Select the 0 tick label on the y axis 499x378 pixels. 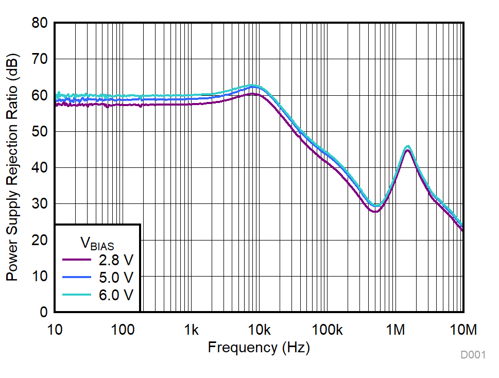(x=44, y=313)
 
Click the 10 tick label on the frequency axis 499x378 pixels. (x=55, y=329)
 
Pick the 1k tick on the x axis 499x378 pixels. (x=191, y=329)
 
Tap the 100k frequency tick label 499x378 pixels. (x=327, y=329)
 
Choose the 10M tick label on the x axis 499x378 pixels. (x=463, y=329)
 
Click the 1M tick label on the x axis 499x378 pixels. (x=395, y=329)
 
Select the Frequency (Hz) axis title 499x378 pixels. (x=259, y=348)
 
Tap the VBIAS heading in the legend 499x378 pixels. (x=97, y=243)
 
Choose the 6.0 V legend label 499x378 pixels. (x=116, y=295)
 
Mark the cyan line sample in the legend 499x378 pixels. (x=77, y=295)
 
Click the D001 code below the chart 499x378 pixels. (x=473, y=355)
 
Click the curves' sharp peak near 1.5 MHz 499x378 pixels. (x=407, y=148)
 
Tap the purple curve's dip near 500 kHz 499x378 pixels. (x=375, y=211)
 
